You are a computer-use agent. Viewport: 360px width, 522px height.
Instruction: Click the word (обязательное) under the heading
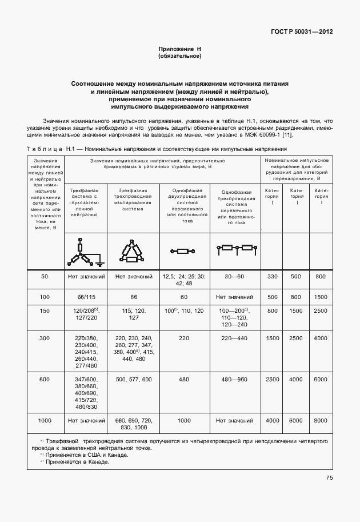(179, 57)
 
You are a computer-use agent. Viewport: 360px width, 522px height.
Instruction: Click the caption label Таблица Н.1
(46, 149)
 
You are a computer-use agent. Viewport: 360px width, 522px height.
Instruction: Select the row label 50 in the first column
(45, 277)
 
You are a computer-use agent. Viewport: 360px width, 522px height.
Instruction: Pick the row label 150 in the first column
(45, 310)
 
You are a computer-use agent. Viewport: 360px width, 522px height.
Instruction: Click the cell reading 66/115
(85, 297)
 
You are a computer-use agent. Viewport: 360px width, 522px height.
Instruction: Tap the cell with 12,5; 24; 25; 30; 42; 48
(183, 280)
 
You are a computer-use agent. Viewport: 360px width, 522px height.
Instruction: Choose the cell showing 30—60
(234, 277)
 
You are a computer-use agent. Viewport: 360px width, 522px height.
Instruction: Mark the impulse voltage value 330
(272, 277)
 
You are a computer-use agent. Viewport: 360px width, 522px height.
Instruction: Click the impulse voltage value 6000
(295, 421)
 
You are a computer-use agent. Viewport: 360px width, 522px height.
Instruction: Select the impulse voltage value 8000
(320, 421)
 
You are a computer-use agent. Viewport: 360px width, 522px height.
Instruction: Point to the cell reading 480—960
(234, 380)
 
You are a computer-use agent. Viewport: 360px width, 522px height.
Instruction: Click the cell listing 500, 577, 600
(134, 380)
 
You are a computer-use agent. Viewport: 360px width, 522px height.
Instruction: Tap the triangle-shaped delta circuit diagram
(133, 252)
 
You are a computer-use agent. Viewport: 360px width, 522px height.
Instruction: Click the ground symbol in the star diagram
(99, 264)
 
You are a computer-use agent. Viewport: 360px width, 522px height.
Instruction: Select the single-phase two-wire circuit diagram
(183, 251)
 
